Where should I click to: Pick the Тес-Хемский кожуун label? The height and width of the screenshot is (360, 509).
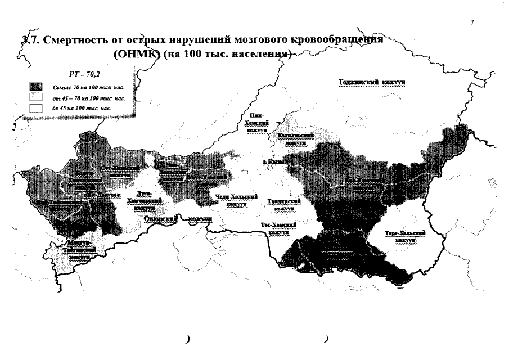[279, 228]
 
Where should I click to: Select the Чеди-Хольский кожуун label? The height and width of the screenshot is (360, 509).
[236, 200]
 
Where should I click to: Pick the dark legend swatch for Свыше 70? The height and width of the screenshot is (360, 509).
[35, 87]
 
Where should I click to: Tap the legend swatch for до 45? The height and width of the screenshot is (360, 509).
[35, 109]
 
